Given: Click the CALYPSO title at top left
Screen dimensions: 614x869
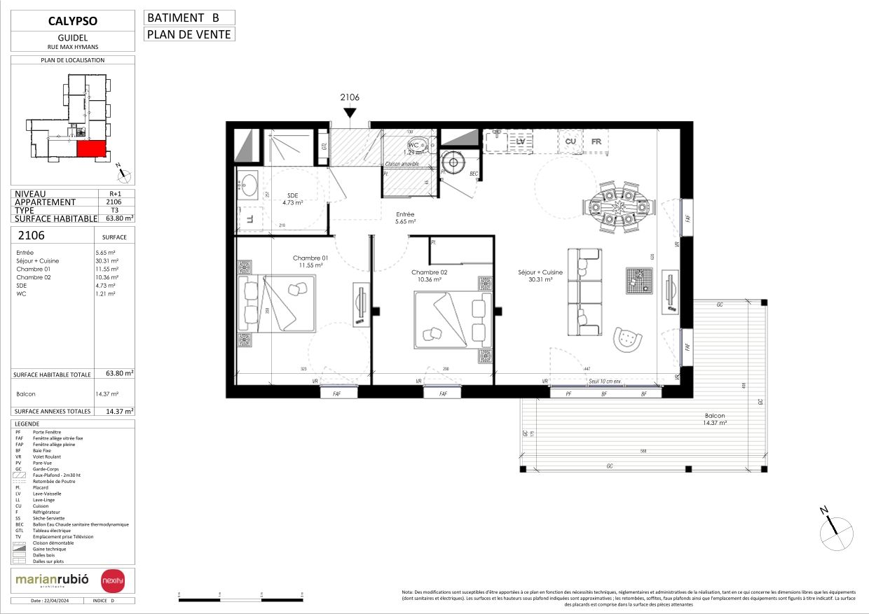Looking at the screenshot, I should coord(74,20).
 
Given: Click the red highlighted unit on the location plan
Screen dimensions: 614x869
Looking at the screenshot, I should coord(91,148).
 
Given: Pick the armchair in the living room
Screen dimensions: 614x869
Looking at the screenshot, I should coord(627,339).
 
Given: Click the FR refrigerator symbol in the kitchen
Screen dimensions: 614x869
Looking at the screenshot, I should coord(596,142).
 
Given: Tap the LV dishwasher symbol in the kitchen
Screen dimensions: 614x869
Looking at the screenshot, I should coord(520,142).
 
